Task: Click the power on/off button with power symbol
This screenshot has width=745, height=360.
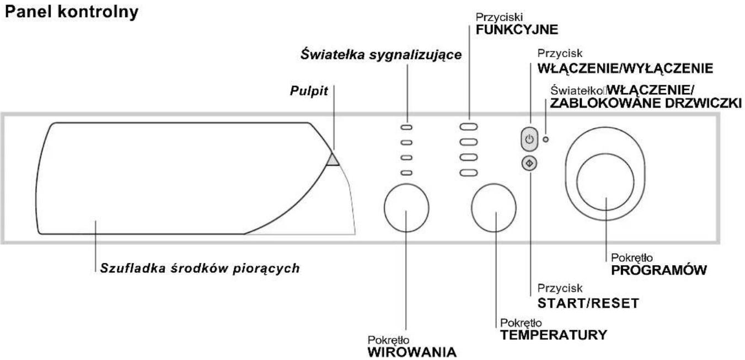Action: (x=529, y=139)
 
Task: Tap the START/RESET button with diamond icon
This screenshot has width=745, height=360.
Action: (x=529, y=164)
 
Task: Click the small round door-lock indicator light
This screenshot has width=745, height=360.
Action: (x=545, y=139)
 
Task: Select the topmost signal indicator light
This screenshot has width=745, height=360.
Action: (x=406, y=127)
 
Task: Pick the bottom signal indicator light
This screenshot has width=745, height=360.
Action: (x=406, y=173)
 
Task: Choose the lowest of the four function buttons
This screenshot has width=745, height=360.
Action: (x=469, y=173)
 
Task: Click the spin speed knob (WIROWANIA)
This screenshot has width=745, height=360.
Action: (x=406, y=208)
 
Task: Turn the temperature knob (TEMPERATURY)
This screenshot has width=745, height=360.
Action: (x=494, y=208)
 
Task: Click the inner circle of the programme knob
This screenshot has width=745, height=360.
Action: (x=605, y=181)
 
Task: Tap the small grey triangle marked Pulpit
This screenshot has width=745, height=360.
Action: (x=333, y=160)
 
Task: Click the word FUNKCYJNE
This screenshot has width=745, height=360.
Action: (x=517, y=30)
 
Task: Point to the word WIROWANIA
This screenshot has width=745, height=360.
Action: (x=412, y=352)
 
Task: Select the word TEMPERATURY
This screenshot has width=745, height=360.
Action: (x=554, y=335)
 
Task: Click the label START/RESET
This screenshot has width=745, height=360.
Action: (x=588, y=303)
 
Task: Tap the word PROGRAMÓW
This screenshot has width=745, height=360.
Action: (x=659, y=270)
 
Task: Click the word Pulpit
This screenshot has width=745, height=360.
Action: (x=309, y=91)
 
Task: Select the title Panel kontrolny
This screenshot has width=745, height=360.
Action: (x=72, y=12)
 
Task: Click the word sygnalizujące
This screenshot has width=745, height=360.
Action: (x=415, y=55)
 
